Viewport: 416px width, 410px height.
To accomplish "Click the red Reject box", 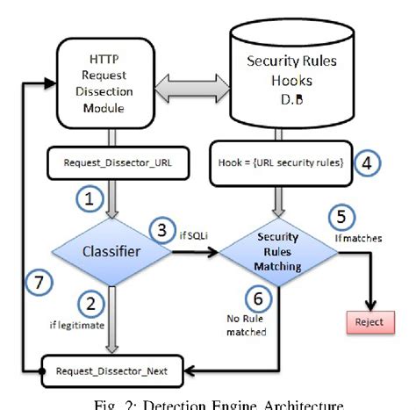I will [x=370, y=321].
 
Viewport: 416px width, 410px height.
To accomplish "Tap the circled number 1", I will [x=88, y=201].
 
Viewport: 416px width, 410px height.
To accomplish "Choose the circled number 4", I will [x=369, y=163].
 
